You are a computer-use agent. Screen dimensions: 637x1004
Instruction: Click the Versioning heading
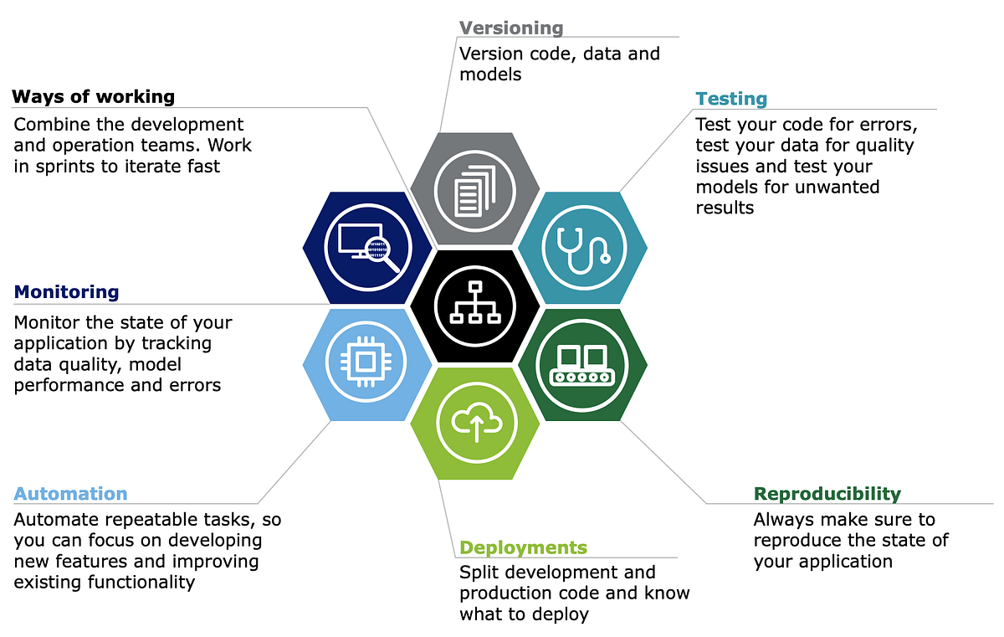(511, 28)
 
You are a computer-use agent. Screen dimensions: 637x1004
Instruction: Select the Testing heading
(730, 99)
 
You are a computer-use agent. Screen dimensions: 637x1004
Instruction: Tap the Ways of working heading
(94, 96)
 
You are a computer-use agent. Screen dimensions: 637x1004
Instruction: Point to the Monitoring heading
(67, 292)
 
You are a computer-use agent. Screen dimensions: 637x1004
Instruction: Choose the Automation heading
(71, 494)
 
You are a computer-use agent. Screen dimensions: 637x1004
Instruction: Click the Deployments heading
(523, 547)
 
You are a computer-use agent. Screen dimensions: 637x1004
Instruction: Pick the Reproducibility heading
(827, 494)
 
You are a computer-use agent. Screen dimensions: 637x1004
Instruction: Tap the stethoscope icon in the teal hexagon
(583, 247)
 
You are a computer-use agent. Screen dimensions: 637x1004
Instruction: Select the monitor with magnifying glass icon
(366, 247)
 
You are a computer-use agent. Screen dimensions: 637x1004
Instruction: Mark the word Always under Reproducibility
(784, 520)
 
